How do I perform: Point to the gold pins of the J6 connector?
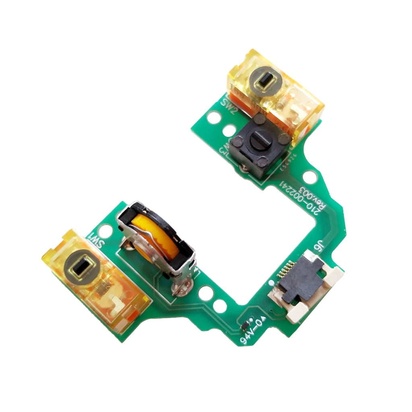[286, 270]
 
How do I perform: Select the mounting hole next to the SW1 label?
[106, 231]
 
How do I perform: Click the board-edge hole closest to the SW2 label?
[214, 117]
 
